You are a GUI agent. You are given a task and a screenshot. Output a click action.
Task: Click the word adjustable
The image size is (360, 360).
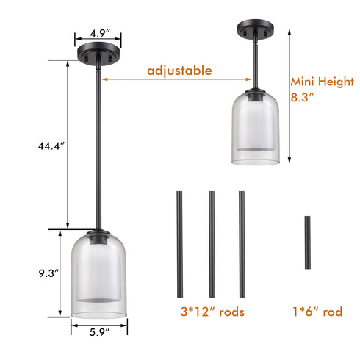point(179,71)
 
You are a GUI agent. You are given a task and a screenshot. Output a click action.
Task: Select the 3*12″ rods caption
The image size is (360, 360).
point(211,312)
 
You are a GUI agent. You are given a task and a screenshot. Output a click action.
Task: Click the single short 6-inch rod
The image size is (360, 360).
point(308,243)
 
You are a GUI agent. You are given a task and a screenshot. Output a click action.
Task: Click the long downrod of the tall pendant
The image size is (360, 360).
point(97,147)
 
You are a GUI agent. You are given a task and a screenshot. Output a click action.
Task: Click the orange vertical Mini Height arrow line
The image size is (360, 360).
point(289,103)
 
